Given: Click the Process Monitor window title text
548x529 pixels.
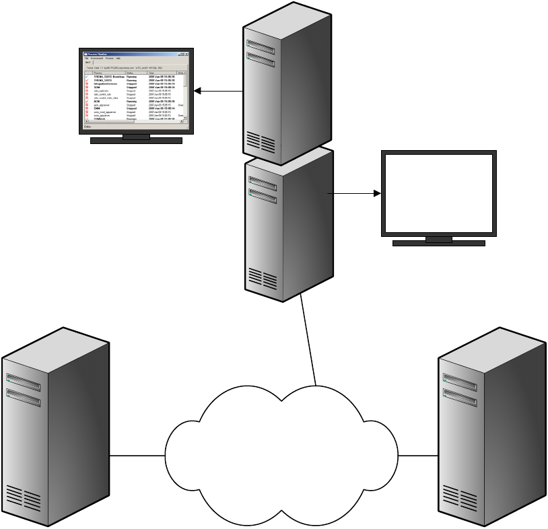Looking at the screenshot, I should pos(94,54).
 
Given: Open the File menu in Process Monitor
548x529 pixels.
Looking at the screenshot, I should pos(87,59).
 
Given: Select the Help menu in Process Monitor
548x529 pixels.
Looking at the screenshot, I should pos(118,59).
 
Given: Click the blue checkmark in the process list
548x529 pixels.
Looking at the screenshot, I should pos(87,77).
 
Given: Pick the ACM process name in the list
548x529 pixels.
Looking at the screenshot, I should pos(97,101).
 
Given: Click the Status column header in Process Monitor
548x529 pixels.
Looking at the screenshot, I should pos(131,72).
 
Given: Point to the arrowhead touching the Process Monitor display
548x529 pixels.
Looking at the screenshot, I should pos(198,91).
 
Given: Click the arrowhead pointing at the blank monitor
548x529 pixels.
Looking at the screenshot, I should pos(376,194).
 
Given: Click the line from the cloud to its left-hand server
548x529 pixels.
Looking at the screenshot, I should pos(137,456).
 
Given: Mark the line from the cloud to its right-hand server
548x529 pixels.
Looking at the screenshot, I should pos(418,456).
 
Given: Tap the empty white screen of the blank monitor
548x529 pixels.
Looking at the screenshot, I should pos(439,192).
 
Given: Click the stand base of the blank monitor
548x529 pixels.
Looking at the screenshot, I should pos(438,243).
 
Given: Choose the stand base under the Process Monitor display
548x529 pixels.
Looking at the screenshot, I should pos(136,141).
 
